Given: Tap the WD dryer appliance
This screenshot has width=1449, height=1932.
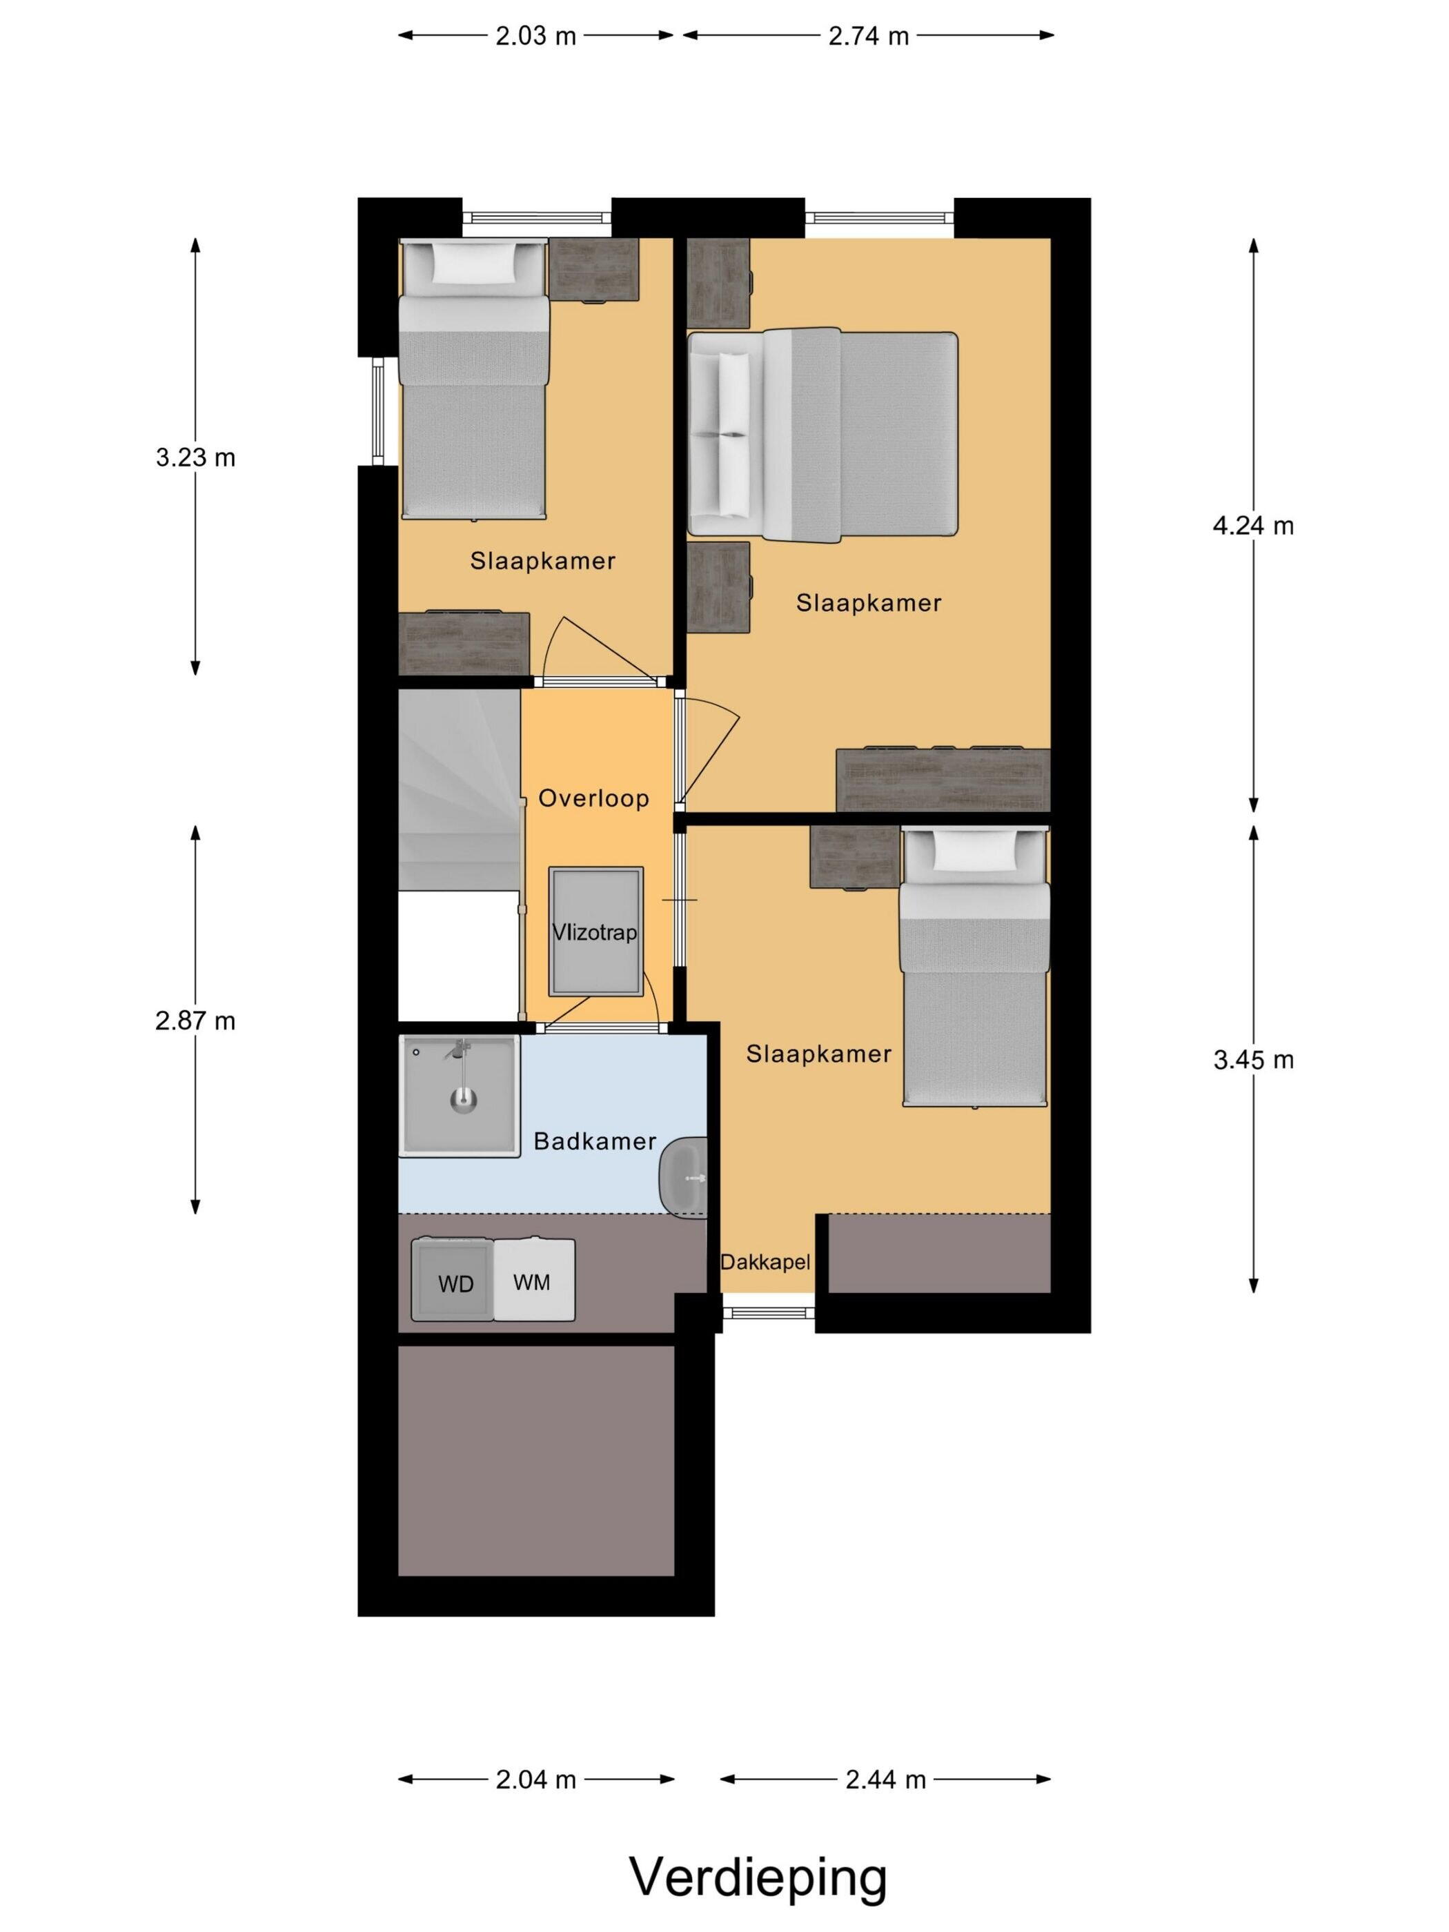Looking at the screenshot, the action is tap(453, 1279).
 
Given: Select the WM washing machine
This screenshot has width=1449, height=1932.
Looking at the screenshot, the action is tap(533, 1279).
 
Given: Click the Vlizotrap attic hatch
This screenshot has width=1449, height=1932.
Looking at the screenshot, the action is tap(595, 931).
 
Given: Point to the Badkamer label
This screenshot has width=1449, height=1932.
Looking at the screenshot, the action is tap(594, 1141).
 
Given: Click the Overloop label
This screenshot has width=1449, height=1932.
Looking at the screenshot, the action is tap(593, 798).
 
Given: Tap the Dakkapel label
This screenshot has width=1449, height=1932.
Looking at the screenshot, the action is tap(765, 1262).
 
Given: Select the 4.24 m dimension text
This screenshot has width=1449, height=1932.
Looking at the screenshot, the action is tap(1252, 526).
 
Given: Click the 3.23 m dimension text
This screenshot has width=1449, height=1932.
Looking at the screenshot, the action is tap(196, 457).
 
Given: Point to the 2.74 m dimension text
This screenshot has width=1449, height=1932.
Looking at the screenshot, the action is tap(868, 36).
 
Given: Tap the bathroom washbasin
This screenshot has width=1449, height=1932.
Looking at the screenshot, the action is tap(683, 1176).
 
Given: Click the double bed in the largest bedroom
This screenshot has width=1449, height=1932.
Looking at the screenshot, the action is tap(822, 433).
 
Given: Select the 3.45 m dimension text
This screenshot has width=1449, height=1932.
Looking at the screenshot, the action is tap(1252, 1061).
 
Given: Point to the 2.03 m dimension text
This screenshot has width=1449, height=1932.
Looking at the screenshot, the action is tap(535, 36).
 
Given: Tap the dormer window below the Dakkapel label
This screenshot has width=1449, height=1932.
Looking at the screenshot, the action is tap(769, 1310).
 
